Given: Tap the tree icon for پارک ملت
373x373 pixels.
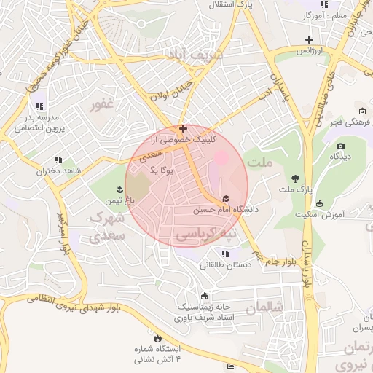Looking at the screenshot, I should (295, 178).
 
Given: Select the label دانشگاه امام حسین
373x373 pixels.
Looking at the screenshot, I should (226, 209).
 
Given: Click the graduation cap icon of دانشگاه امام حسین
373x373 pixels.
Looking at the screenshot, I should (226, 198).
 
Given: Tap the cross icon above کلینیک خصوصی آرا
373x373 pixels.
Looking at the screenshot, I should (182, 128).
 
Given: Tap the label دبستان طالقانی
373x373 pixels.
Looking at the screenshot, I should (226, 265).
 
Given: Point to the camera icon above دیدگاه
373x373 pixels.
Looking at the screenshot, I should (340, 146).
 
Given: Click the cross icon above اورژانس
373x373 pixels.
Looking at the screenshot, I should (310, 39).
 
